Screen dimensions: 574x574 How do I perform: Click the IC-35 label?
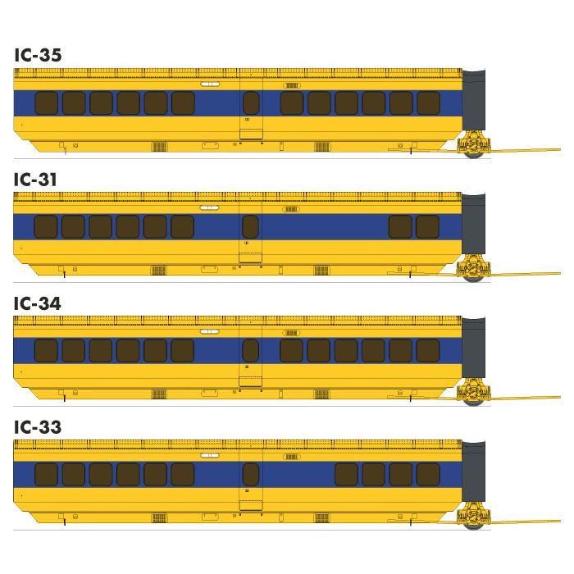point(38,55)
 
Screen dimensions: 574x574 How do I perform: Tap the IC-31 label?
point(35,180)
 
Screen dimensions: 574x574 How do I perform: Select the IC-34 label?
point(38,303)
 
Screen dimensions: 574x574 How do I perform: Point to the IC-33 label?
point(38,427)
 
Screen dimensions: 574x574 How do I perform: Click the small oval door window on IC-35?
point(251,102)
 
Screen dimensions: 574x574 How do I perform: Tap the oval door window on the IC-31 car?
point(250,226)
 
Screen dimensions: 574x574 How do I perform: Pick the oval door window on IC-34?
point(250,350)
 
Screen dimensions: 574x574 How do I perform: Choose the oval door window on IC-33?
point(251,474)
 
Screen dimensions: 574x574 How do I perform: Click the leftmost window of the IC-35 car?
point(47,103)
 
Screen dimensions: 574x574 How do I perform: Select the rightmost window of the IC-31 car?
point(427,226)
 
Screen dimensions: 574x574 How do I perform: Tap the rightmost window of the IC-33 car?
point(428,474)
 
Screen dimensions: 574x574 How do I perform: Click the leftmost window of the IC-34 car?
point(46,351)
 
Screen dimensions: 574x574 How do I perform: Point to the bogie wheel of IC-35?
point(474,153)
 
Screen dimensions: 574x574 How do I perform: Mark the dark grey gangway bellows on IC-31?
point(473,223)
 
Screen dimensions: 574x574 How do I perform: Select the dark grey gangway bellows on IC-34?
point(473,347)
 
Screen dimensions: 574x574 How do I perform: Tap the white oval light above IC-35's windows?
point(210,84)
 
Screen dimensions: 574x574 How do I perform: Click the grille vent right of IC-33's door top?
point(292,457)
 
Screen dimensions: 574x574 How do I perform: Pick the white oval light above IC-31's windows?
point(209,208)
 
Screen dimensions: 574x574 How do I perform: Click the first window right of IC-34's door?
point(291,351)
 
